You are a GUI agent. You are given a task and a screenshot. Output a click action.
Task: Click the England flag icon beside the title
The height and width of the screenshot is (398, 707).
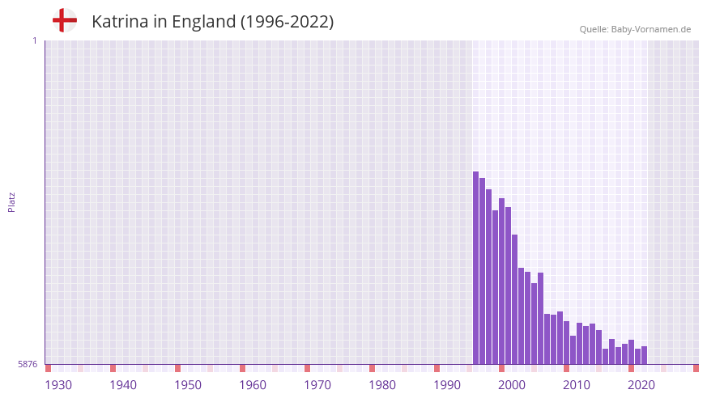click(x=65, y=21)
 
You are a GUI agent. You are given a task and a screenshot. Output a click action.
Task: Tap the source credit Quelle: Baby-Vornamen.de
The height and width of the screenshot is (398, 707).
click(x=635, y=29)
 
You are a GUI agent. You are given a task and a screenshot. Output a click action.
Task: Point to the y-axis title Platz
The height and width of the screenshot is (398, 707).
click(x=11, y=201)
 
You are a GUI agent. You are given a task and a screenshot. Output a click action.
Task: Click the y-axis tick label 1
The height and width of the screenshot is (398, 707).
click(x=34, y=40)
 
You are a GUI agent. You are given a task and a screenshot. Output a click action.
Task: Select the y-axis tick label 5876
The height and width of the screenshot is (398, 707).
click(x=28, y=365)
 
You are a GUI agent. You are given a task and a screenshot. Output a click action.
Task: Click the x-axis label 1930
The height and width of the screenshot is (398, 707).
click(x=58, y=385)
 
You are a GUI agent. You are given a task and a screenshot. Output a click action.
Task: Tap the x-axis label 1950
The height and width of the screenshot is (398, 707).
click(x=188, y=385)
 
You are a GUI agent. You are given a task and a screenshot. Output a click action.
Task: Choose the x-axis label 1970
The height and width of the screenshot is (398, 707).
click(x=317, y=385)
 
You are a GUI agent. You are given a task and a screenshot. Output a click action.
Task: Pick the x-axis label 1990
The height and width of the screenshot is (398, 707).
click(x=447, y=385)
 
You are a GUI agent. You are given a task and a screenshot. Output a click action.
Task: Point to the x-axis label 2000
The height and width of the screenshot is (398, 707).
click(x=512, y=385)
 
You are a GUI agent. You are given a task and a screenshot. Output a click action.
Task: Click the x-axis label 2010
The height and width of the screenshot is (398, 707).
click(x=577, y=385)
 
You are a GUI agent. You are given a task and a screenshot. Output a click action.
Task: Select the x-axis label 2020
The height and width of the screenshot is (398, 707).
click(x=641, y=385)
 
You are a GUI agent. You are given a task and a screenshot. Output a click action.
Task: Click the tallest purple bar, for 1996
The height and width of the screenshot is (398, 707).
click(x=476, y=268)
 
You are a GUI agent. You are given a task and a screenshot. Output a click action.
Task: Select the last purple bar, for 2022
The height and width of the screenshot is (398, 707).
click(x=644, y=356)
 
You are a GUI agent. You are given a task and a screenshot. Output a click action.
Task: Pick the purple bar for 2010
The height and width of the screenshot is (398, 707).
click(x=567, y=343)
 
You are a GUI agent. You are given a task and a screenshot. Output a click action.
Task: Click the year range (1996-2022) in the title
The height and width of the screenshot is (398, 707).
click(x=287, y=22)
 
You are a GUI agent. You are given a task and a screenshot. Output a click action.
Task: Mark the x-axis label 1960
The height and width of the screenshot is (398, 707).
click(x=253, y=385)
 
